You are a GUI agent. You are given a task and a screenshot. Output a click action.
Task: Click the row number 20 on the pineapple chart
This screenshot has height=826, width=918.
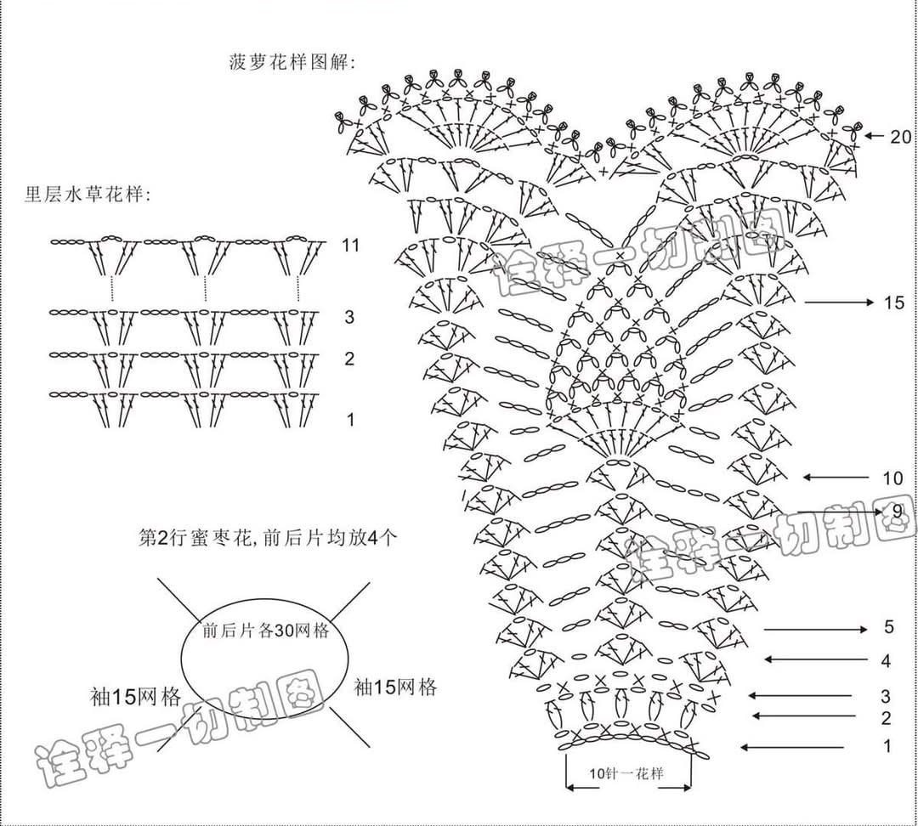(x=900, y=136)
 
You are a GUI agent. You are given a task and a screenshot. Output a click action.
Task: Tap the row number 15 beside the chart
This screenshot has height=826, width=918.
(x=892, y=303)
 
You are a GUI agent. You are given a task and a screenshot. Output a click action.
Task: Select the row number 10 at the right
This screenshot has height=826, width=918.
(x=892, y=478)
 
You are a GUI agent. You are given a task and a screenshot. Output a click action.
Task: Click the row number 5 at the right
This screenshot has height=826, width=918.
(x=889, y=628)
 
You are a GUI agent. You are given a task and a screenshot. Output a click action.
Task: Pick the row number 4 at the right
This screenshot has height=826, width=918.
(x=886, y=660)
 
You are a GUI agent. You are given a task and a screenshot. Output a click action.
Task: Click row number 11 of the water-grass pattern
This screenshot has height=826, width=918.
(x=351, y=246)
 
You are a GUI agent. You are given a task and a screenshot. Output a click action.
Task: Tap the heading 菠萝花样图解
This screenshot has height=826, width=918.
(x=292, y=62)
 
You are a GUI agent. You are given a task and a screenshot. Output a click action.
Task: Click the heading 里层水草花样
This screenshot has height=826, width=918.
(x=88, y=195)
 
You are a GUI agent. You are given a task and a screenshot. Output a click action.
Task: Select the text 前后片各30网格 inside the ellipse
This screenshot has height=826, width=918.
(x=266, y=631)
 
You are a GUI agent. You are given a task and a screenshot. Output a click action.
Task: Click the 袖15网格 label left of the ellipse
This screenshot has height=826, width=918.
(x=136, y=698)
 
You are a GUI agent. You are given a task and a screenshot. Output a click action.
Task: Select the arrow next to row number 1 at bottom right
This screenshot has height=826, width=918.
(x=792, y=748)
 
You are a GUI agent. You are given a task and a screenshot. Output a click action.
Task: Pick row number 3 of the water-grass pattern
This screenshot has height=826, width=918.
(x=349, y=318)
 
